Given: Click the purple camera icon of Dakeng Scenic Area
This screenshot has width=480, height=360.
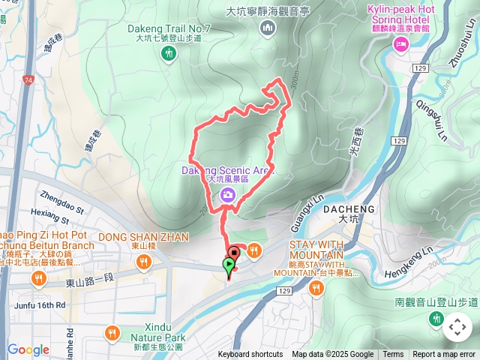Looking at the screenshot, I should pos(228,196).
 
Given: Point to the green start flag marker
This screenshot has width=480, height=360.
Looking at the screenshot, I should pos(229,265).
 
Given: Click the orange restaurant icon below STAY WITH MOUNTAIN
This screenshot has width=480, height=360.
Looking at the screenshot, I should pos(315,289).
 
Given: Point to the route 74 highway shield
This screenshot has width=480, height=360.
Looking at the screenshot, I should pos(28,79).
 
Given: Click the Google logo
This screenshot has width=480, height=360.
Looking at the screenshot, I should pos(28,349).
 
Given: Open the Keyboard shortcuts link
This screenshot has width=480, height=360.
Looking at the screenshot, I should pos(250,355).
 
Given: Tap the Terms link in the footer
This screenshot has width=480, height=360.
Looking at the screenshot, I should pos(393,355).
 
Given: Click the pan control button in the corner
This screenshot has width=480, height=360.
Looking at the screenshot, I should pos(457,327).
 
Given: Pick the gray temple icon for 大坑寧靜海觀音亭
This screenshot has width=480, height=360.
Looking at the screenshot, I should pos(268,28).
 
